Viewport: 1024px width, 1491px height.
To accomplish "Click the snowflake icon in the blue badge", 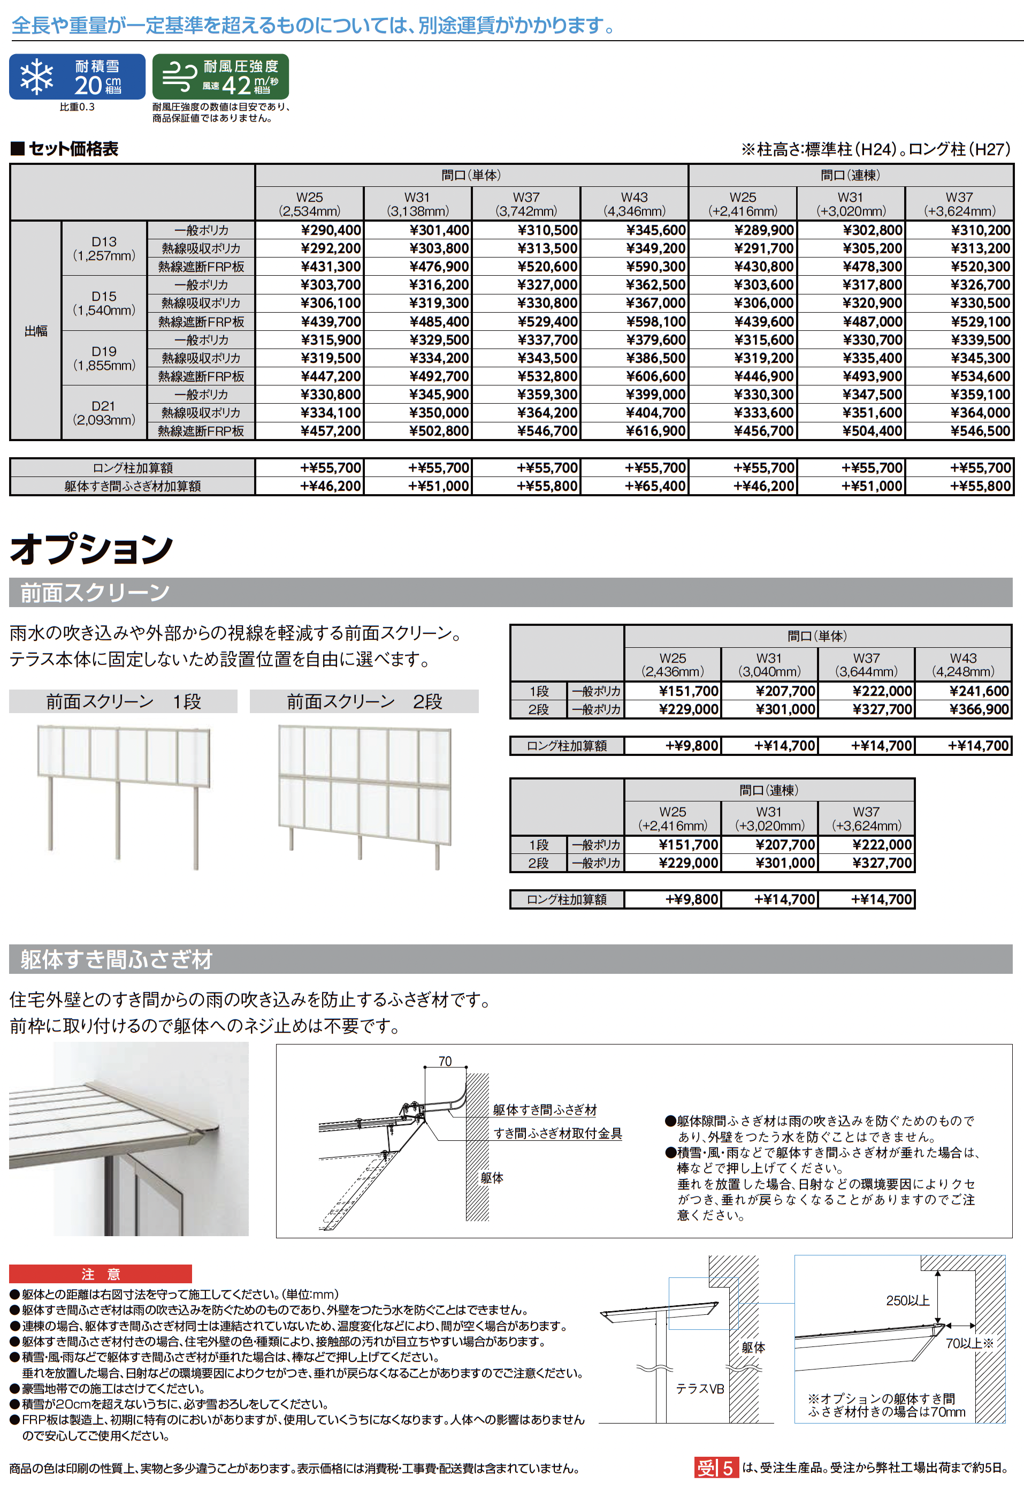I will click(x=36, y=77).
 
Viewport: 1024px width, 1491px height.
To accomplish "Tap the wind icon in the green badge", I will click(x=180, y=77).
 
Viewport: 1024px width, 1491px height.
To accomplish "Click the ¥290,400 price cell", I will click(x=331, y=230).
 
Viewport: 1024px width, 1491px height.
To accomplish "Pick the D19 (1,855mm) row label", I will click(x=104, y=358).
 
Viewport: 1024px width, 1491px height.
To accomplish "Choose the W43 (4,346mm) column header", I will click(x=634, y=203).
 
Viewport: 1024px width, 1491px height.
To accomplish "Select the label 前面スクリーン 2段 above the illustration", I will click(x=364, y=701).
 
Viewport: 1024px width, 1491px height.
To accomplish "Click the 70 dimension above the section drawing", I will click(x=445, y=1061).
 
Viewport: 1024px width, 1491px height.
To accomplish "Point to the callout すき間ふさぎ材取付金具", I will click(x=557, y=1133).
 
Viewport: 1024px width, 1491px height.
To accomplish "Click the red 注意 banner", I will click(x=100, y=1274).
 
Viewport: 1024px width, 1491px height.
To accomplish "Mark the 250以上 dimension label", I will click(x=907, y=1300).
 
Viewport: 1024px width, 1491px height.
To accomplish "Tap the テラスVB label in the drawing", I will click(x=699, y=1389).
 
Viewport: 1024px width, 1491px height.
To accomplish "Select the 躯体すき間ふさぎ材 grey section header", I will click(x=116, y=959).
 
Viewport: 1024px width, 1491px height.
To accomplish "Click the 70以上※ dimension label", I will click(x=969, y=1343).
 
